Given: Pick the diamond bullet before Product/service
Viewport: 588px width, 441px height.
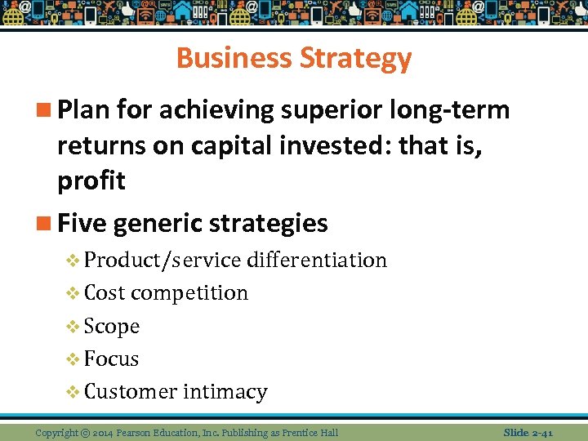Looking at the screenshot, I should pos(73,261).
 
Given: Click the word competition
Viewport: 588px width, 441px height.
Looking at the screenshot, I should pos(189,292).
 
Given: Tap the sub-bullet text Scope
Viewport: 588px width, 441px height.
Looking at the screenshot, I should pos(112,326).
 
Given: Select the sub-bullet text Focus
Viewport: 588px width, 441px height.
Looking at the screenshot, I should pos(111,359).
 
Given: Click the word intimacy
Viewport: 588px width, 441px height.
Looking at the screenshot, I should pos(225,391).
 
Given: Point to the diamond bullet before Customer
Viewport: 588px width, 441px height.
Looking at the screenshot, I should pos(73,392).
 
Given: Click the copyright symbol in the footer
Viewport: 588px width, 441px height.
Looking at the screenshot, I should pos(85,432).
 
